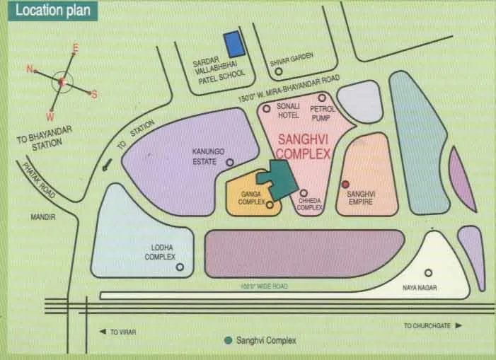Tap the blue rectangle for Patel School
click(x=234, y=45)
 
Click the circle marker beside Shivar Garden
click(x=278, y=71)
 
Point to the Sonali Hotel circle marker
click(x=267, y=109)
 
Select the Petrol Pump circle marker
click(x=322, y=98)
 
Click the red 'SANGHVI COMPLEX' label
click(x=304, y=146)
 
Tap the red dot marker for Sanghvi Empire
click(x=345, y=184)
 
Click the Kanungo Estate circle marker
click(x=229, y=162)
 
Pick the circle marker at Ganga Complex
click(x=270, y=204)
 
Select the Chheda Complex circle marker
click(x=304, y=192)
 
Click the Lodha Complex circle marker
click(x=180, y=267)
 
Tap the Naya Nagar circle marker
click(x=427, y=272)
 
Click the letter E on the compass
click(x=75, y=48)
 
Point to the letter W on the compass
click(x=50, y=116)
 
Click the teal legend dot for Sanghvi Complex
click(x=228, y=340)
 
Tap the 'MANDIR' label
click(x=42, y=217)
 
